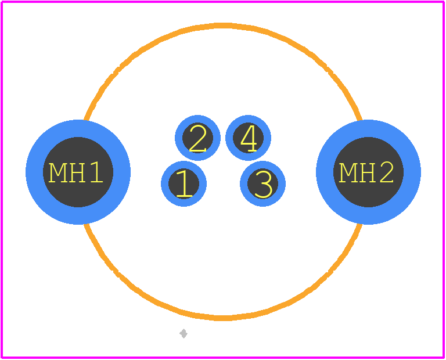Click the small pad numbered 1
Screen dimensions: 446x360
tap(184, 183)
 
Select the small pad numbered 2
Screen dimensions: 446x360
tap(197, 138)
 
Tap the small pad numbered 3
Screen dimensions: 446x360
tap(263, 183)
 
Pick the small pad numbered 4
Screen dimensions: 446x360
tap(249, 138)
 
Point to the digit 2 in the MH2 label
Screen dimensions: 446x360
tap(387, 172)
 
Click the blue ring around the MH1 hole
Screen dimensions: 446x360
tap(34, 172)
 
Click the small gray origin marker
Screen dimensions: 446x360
tap(184, 333)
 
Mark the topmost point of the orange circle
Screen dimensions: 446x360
tap(223, 26)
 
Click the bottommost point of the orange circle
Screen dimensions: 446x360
tap(223, 318)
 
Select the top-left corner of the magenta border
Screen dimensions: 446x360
tap(2, 2)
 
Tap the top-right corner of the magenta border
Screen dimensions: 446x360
tap(444, 2)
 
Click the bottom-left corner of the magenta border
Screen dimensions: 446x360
tap(2, 358)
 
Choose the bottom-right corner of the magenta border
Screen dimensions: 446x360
tap(444, 358)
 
